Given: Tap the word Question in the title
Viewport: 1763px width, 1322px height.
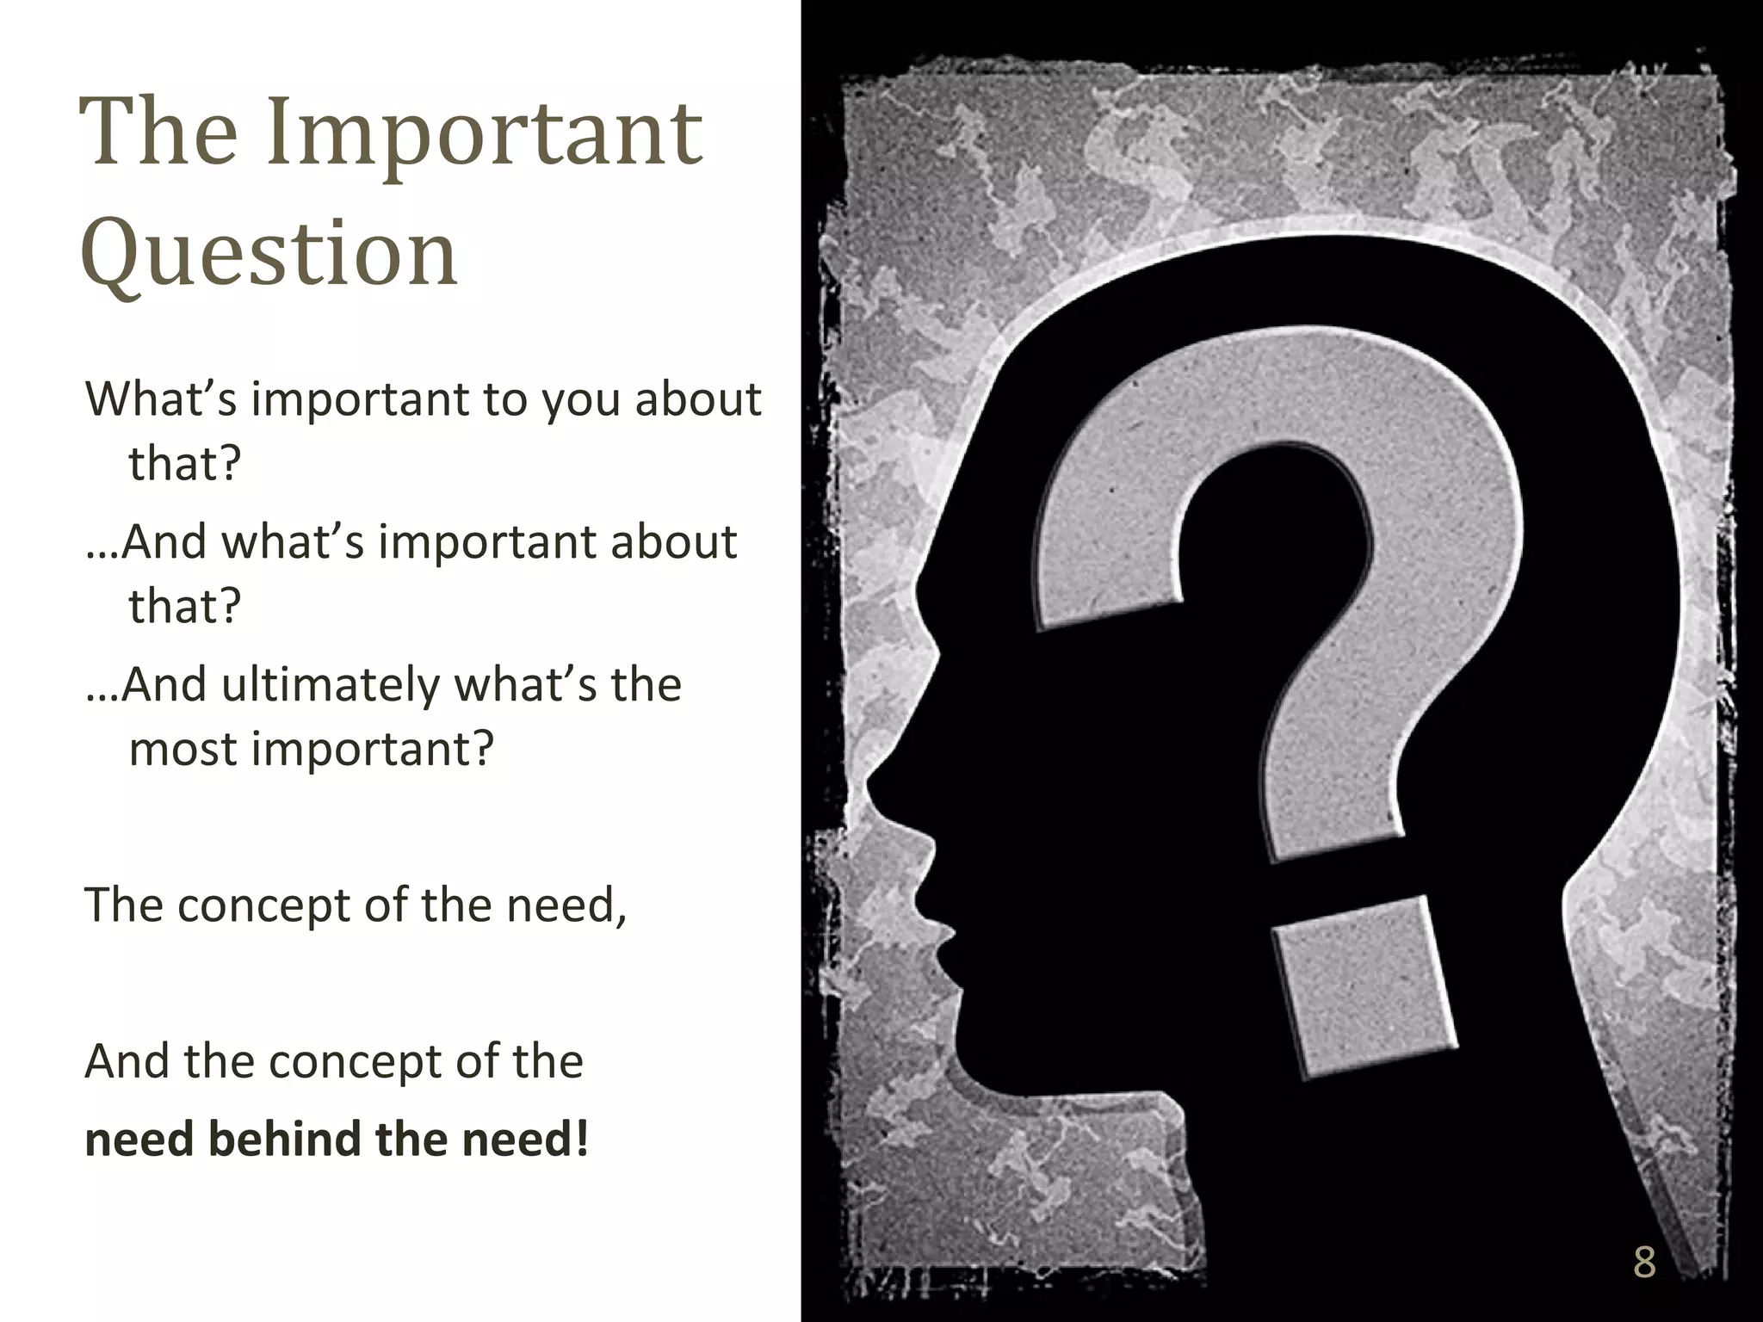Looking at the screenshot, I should tap(269, 255).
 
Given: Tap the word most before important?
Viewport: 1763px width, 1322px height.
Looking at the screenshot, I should tap(182, 749).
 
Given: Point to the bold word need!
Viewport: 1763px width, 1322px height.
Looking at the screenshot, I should tap(525, 1139).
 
